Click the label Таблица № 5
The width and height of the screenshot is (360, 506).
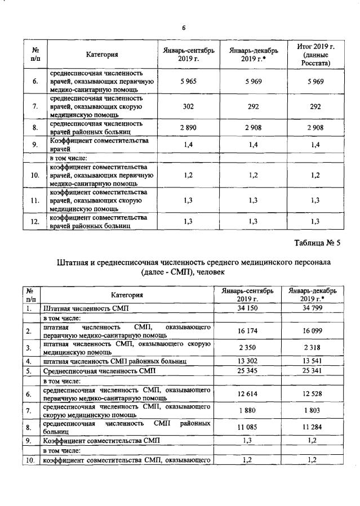(318, 243)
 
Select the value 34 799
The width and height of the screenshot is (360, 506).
(312, 308)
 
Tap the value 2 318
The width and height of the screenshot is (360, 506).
(312, 348)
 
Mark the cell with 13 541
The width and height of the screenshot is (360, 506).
(312, 361)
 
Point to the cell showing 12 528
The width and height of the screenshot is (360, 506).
(312, 395)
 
